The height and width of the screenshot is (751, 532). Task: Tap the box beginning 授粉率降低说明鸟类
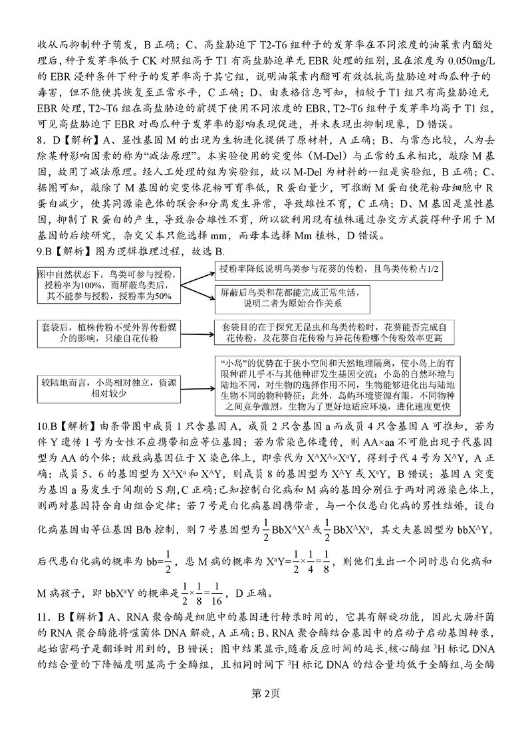(329, 268)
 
